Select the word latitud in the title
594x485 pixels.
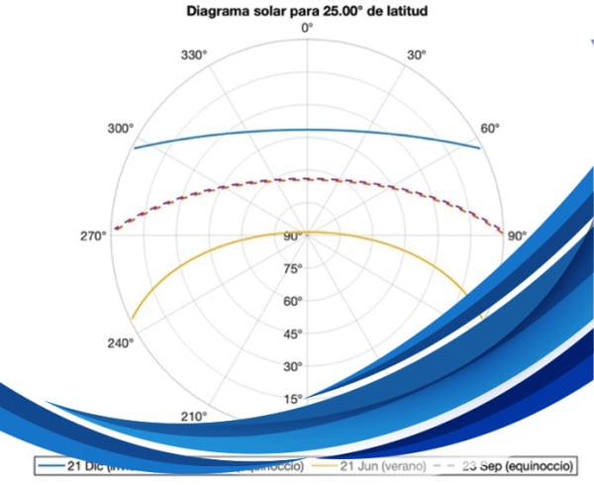point(416,11)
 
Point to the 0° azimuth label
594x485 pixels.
point(307,29)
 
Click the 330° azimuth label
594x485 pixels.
point(195,57)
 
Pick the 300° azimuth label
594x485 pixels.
point(120,129)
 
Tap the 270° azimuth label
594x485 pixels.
point(94,236)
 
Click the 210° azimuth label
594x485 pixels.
point(195,417)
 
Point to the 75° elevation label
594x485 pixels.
point(293,269)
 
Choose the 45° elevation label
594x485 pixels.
point(293,334)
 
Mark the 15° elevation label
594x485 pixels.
point(293,398)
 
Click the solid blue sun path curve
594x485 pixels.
point(307,130)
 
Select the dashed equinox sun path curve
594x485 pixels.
point(307,179)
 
